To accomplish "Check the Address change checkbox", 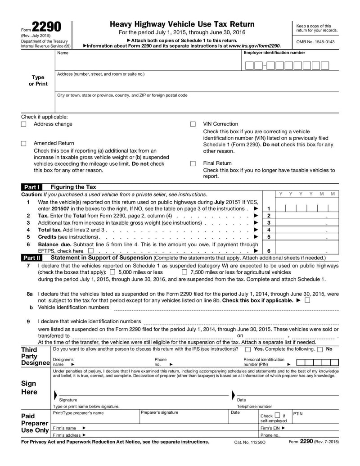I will coord(24,124).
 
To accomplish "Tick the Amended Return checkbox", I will coord(24,144).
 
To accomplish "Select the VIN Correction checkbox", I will coord(193,124).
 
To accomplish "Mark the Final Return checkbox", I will coord(193,163).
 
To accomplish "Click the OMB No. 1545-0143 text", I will coord(315,41).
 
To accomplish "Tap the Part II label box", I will coord(31,258).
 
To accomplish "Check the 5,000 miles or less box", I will coord(112,272).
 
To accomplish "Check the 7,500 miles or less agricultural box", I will coord(184,272).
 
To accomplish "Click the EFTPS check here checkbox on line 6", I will coord(91,251).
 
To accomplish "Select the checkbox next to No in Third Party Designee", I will coord(320,349).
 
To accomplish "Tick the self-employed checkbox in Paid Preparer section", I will coord(278,415).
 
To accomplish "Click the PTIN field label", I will coord(298,413).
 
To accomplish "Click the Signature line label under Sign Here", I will coord(68,400).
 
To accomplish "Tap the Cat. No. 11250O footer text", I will coord(250,442).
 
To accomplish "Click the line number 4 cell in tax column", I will coord(269,230).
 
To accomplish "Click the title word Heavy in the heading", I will coord(123,24).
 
